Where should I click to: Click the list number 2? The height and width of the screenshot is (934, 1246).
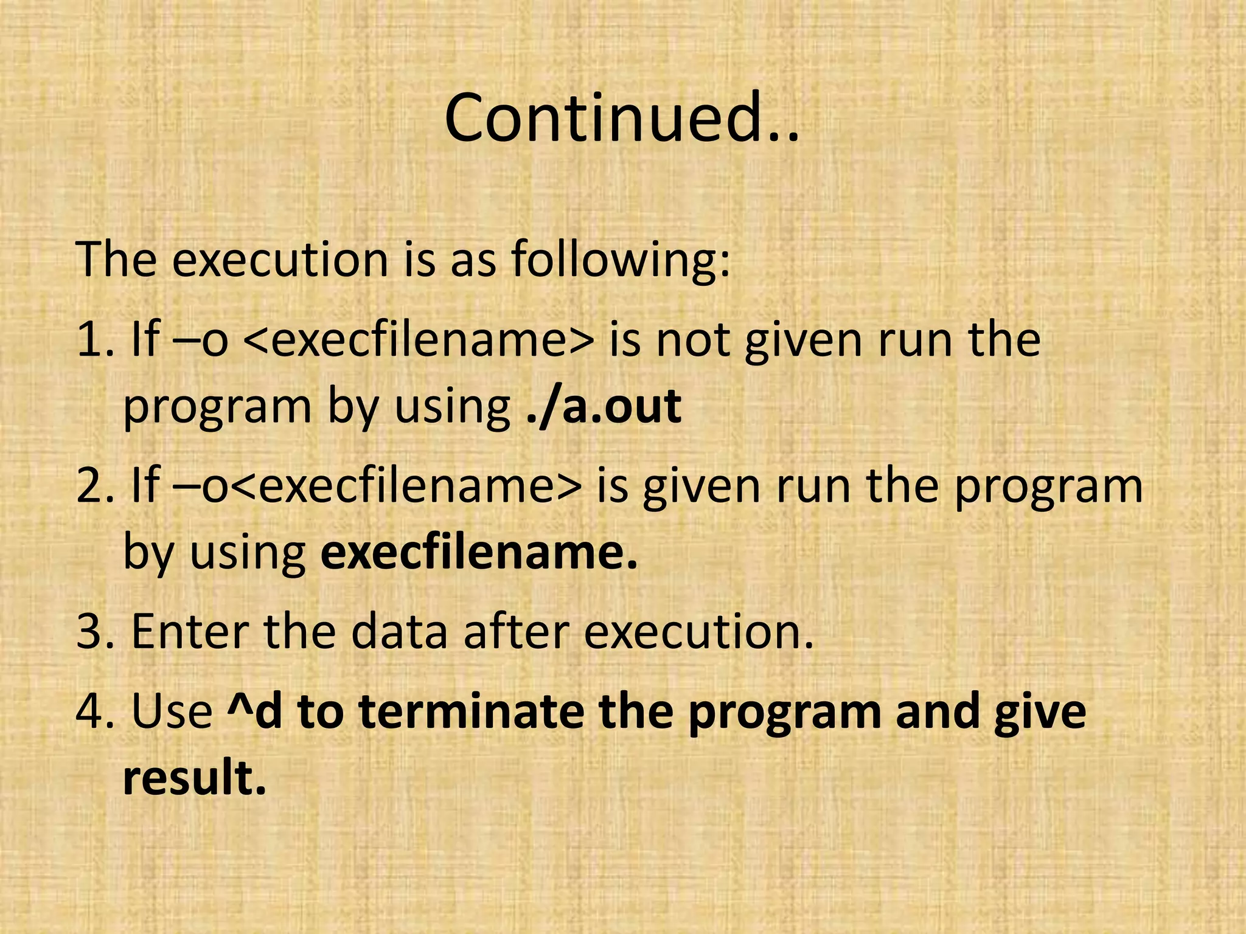coord(94,486)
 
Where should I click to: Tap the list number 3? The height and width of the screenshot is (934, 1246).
coord(94,632)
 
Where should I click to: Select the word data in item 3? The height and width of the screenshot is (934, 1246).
coord(399,632)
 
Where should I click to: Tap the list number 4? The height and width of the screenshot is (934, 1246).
coord(94,711)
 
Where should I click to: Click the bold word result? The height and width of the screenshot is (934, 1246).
coord(195,778)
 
